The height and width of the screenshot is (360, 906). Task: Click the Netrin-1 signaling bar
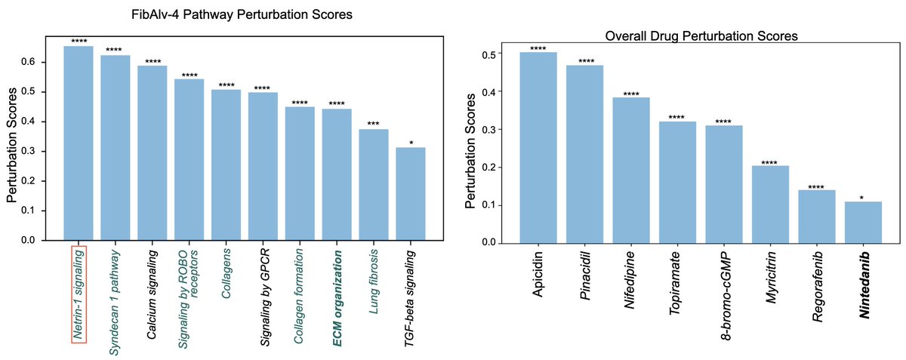click(79, 143)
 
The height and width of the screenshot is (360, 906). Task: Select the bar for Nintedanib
click(863, 222)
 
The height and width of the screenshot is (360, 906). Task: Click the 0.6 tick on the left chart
click(29, 62)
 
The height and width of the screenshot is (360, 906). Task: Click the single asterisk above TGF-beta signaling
click(411, 142)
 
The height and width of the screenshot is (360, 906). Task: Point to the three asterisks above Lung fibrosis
click(374, 124)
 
